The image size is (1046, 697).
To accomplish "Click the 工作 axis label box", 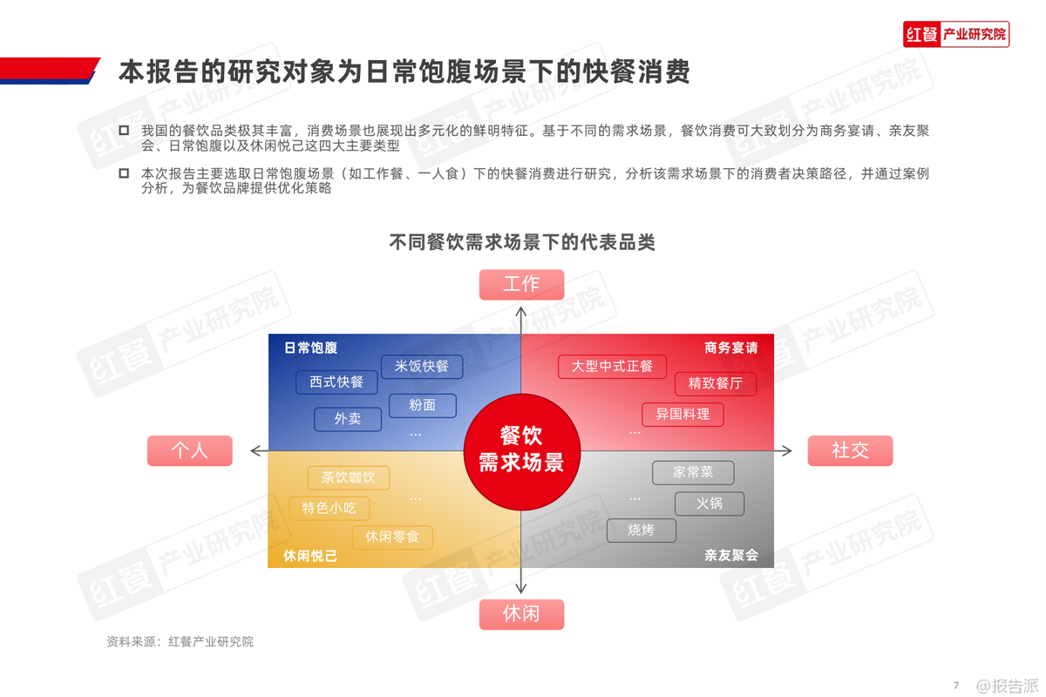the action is tap(521, 284).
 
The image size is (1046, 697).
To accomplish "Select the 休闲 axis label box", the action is tap(521, 614).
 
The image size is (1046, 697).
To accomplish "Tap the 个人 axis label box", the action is tap(190, 450).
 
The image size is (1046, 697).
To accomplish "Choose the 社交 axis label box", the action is tap(850, 450).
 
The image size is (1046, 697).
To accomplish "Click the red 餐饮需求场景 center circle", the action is tap(521, 451).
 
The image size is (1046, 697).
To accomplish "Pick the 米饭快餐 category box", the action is tap(422, 367).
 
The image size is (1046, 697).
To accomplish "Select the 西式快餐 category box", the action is tap(336, 382).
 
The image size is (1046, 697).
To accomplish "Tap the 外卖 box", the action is tap(348, 419).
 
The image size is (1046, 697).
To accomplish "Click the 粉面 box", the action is tap(422, 405).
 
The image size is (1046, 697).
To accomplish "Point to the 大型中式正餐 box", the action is tap(612, 367).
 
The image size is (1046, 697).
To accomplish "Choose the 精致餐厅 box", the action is tap(716, 383).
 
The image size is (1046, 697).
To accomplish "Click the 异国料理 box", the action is tap(683, 414).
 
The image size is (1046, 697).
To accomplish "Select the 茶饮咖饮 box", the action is tap(349, 477).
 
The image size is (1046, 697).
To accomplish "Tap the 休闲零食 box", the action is tap(392, 538).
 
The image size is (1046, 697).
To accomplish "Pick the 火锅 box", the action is tap(710, 504).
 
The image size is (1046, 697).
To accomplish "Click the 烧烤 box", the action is tap(642, 531).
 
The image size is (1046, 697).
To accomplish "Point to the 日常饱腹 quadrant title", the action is tap(310, 348).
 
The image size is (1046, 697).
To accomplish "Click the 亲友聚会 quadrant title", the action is tap(730, 555).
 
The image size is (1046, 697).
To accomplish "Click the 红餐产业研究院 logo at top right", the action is tap(956, 34).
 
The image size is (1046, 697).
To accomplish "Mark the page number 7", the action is tap(956, 686).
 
